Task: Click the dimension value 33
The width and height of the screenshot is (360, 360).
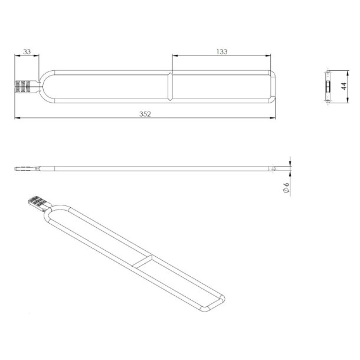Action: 27,52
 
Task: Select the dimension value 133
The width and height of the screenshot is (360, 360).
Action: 222,52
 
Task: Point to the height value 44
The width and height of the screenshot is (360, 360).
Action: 343,86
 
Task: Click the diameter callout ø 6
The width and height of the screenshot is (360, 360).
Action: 285,187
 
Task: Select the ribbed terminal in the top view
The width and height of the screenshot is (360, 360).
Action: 21,87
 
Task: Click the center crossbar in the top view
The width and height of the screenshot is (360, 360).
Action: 171,87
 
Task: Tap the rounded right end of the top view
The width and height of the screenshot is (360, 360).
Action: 275,87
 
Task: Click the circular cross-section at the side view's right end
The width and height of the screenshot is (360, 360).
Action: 273,169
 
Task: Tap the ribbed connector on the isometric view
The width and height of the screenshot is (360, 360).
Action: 35,204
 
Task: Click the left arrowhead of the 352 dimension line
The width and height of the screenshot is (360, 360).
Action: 16,118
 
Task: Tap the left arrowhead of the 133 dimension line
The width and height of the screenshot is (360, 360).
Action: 173,57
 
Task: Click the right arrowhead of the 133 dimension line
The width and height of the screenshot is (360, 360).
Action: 272,57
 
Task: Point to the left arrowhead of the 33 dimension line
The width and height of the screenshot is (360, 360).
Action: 16,57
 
